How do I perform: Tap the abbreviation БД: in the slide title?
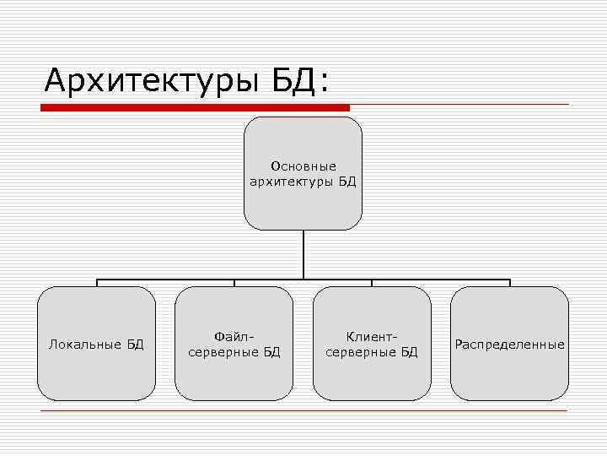(x=300, y=81)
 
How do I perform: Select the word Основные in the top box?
(x=303, y=166)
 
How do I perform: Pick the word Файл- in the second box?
(x=234, y=336)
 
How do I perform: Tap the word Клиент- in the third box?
(x=372, y=336)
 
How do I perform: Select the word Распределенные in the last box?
(x=510, y=344)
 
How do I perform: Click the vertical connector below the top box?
(x=303, y=253)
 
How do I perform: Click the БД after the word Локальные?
(x=136, y=344)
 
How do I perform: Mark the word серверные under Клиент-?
(x=361, y=351)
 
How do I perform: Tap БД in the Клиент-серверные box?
(x=409, y=351)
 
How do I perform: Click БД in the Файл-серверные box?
(x=271, y=351)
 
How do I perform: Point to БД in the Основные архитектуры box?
(x=347, y=181)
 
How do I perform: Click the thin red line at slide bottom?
(x=303, y=410)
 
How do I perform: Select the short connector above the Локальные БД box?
(x=97, y=283)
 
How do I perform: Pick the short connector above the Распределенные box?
(x=510, y=283)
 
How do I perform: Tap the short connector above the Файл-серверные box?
(x=234, y=283)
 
